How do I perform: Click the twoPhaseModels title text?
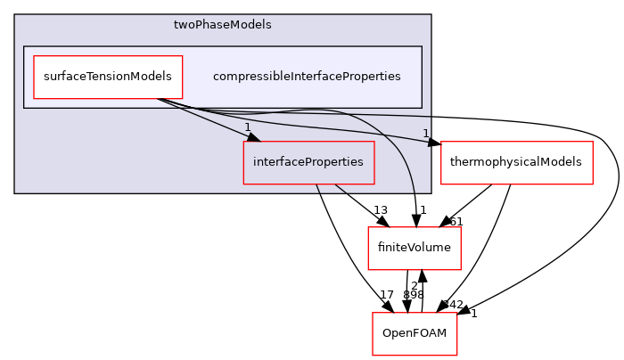222,25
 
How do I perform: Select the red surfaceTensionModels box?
108,77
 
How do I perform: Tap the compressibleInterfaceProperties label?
306,77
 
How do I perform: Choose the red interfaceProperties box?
308,162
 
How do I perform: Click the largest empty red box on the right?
516,163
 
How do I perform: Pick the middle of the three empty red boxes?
414,249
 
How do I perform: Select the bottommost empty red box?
415,334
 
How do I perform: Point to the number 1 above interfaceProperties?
247,127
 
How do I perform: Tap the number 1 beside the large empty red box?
425,134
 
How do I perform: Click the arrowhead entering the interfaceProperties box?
253,137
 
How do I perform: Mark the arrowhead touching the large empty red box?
434,143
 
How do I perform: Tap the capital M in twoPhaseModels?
234,25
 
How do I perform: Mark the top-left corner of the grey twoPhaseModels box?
15,15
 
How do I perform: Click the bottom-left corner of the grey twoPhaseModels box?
15,192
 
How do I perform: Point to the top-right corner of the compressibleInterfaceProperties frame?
422,46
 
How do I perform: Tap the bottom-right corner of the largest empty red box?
593,184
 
